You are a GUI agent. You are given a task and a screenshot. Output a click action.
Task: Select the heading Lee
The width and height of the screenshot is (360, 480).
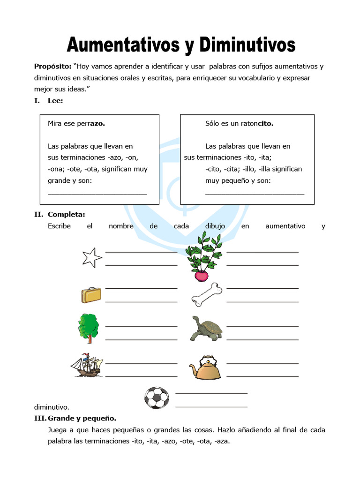point(55,100)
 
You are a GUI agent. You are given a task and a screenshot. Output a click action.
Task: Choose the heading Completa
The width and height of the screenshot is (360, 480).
point(66,214)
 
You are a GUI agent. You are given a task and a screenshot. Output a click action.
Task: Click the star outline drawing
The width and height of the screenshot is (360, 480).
point(91,257)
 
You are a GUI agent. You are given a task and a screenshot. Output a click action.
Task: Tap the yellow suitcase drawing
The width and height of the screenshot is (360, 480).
point(91,295)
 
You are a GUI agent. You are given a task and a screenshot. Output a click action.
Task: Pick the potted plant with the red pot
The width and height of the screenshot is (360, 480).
point(203,258)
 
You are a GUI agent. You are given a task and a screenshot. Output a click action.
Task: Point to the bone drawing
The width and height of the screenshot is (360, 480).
point(207,294)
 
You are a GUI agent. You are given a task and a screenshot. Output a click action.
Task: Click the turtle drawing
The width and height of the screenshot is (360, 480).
point(206,328)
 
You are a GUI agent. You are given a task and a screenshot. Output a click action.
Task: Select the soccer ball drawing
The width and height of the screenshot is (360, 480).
point(156,398)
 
